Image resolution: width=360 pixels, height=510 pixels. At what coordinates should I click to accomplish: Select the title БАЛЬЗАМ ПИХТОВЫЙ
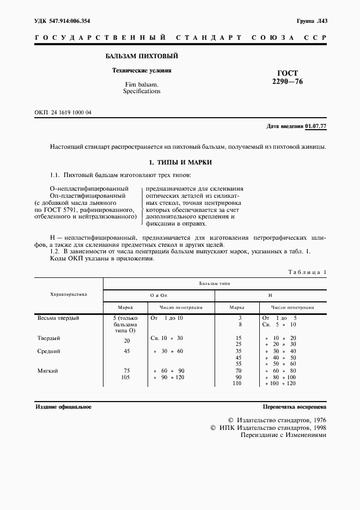(x=141, y=56)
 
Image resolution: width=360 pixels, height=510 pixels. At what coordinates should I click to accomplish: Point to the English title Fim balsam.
(x=142, y=84)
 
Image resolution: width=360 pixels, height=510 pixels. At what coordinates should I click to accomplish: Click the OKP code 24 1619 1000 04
(x=70, y=112)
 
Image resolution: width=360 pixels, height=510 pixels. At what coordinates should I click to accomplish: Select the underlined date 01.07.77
(x=315, y=126)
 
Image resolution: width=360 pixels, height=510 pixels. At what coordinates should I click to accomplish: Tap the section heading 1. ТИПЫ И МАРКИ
(x=180, y=162)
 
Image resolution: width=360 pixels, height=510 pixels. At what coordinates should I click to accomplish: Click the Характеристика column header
(x=69, y=294)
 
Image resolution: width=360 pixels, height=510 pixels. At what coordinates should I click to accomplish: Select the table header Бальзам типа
(x=214, y=284)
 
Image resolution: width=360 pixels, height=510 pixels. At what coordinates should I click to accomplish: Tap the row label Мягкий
(x=48, y=371)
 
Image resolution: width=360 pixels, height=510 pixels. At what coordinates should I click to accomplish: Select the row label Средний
(x=48, y=351)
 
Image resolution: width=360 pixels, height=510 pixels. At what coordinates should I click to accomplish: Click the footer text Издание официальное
(x=64, y=407)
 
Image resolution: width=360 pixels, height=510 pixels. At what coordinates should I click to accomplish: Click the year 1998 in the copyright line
(x=315, y=428)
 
